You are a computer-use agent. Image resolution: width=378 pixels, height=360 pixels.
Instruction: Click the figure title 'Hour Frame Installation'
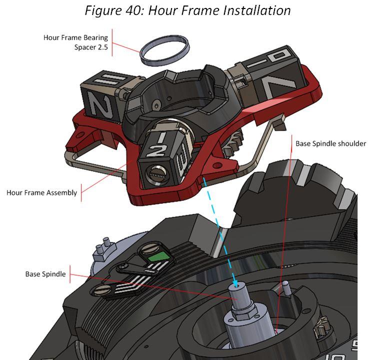[188, 10]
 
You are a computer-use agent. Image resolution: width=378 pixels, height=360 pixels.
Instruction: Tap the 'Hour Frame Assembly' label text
[42, 192]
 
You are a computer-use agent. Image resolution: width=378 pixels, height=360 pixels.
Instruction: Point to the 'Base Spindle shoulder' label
[330, 143]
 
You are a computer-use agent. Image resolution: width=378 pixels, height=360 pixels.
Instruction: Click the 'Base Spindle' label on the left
[45, 274]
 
